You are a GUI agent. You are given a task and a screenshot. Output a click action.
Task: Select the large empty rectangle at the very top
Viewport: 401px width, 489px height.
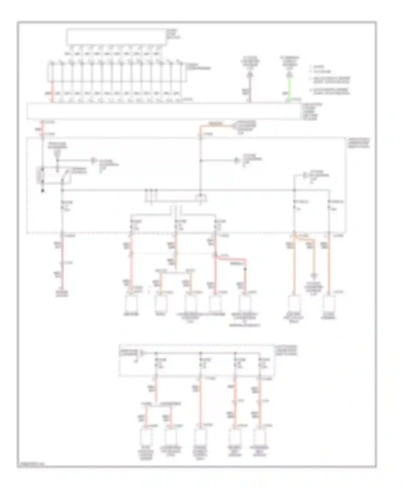coord(116,36)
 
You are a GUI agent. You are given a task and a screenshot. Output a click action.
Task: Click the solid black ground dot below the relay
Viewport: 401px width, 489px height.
coord(42,191)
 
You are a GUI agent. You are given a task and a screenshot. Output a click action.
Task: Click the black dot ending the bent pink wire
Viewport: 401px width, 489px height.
coord(245,269)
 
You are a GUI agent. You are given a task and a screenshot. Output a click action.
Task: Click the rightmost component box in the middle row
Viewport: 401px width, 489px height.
coord(329,304)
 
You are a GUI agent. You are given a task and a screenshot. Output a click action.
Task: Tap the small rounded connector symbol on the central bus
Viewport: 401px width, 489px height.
coord(201,197)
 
